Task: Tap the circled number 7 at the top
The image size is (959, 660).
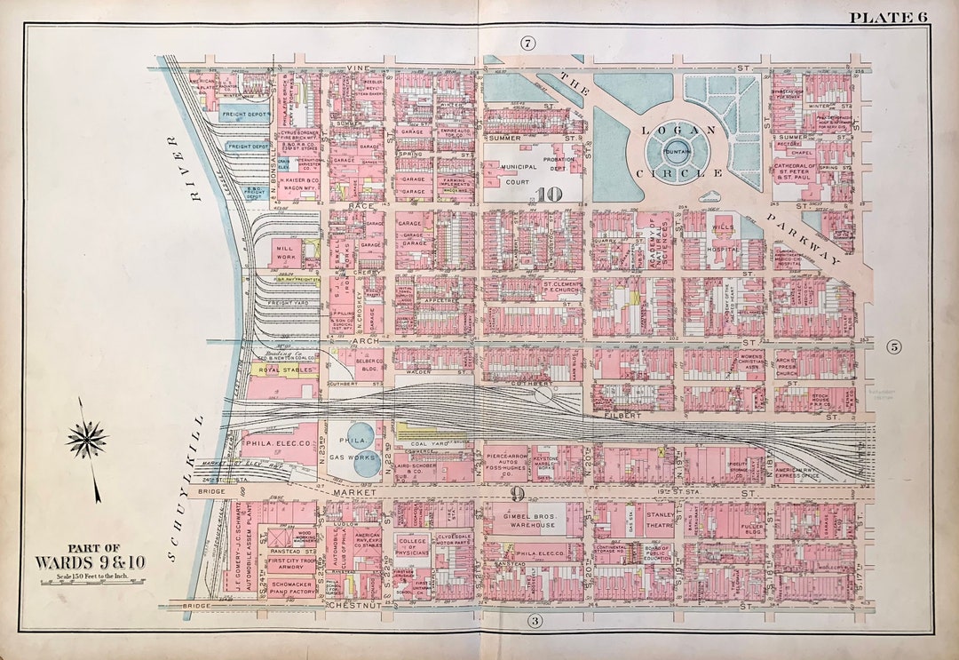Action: (x=527, y=43)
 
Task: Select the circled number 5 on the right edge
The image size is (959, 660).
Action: (x=894, y=347)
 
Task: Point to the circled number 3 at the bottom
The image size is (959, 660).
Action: (x=535, y=620)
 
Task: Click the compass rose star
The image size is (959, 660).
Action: (x=86, y=438)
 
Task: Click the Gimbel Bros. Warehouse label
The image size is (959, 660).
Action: (x=531, y=520)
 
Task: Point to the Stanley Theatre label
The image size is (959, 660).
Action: (x=659, y=518)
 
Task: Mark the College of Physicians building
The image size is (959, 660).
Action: (x=412, y=546)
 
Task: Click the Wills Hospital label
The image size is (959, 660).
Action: (x=724, y=244)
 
